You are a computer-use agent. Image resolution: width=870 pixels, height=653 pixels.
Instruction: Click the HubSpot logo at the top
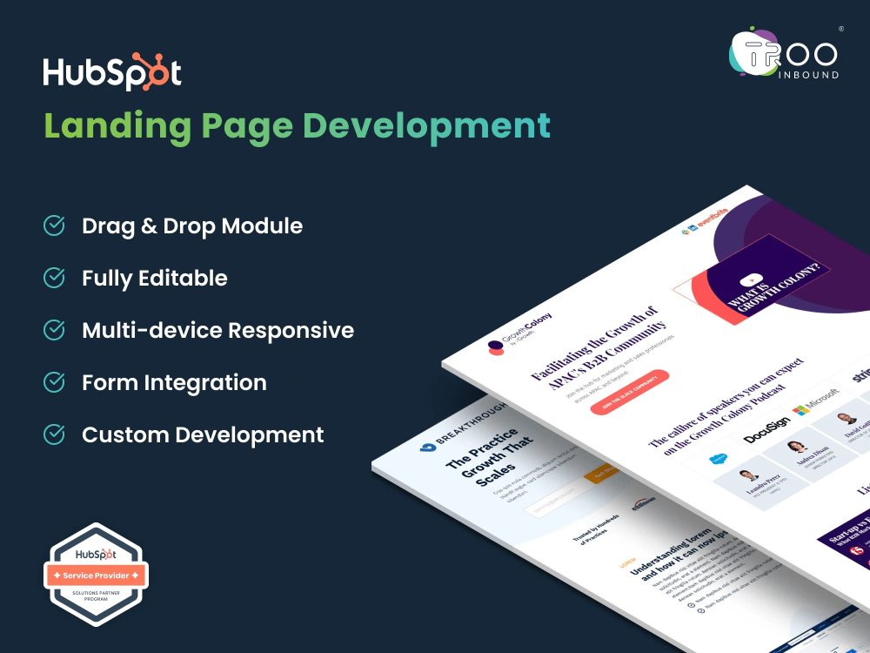pyautogui.click(x=112, y=74)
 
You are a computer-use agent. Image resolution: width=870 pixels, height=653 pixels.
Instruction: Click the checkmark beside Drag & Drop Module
pyautogui.click(x=54, y=226)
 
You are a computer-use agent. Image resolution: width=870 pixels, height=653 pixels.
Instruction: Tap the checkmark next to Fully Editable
pyautogui.click(x=54, y=278)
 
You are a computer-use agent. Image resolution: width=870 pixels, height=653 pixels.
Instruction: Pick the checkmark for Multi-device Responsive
pyautogui.click(x=54, y=330)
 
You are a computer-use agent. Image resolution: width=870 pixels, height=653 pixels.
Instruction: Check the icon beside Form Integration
pyautogui.click(x=54, y=382)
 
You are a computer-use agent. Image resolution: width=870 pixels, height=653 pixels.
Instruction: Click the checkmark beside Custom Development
pyautogui.click(x=54, y=434)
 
